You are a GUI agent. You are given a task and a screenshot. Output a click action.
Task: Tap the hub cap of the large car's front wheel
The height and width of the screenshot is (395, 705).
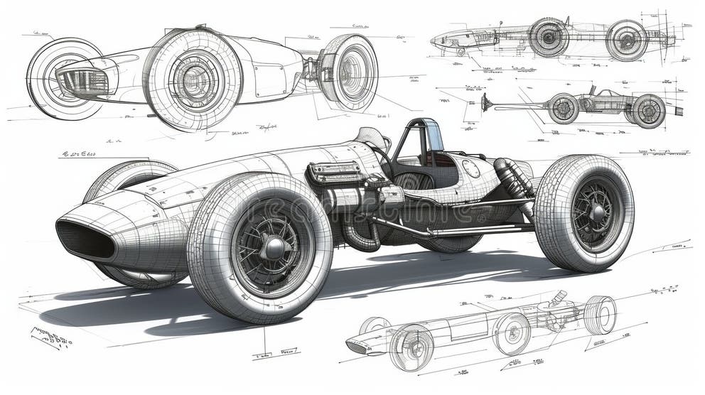click(273, 248)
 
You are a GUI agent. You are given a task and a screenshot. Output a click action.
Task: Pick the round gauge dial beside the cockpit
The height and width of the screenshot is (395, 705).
click(470, 168)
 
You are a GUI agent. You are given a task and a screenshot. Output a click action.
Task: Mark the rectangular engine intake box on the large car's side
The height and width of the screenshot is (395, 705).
click(335, 172)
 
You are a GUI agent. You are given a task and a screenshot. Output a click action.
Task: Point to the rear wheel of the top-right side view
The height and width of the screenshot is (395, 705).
click(627, 40)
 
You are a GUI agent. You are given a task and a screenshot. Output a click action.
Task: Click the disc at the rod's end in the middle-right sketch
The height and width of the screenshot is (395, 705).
click(485, 102)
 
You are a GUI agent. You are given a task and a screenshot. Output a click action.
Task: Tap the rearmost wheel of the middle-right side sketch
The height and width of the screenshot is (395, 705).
click(648, 111)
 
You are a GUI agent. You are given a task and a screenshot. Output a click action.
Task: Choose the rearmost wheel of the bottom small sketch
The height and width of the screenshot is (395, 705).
click(600, 315)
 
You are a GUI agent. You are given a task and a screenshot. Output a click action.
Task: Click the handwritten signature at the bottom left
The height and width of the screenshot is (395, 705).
click(51, 337)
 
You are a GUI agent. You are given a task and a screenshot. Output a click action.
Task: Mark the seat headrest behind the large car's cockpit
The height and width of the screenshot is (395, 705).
click(374, 138)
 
